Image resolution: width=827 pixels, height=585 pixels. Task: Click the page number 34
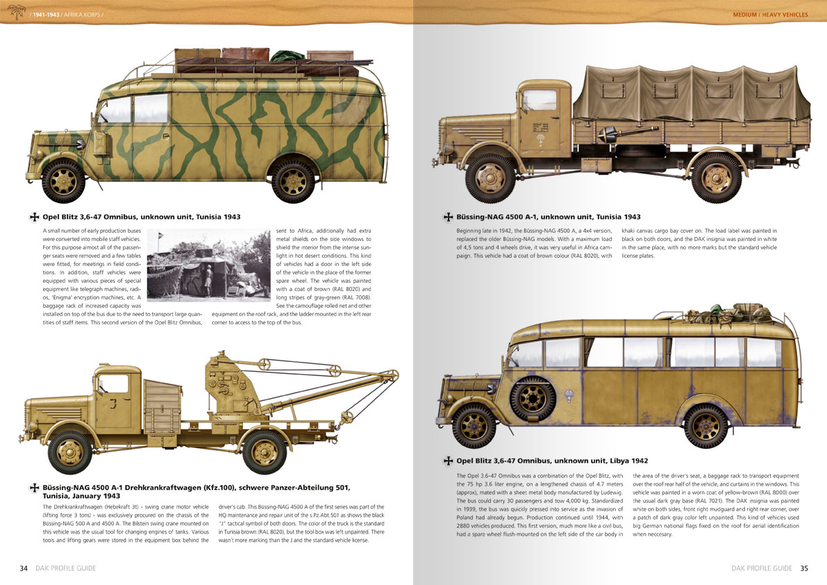click(x=24, y=568)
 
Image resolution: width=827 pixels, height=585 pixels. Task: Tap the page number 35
click(x=804, y=568)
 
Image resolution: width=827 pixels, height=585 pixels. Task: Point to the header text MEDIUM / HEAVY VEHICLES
click(x=771, y=15)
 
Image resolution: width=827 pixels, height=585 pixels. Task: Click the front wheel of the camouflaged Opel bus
click(x=63, y=179)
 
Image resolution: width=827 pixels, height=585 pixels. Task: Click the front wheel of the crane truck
click(x=70, y=452)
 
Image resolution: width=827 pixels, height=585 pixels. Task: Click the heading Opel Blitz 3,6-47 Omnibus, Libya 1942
click(x=552, y=461)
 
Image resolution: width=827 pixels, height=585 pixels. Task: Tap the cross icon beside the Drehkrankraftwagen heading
click(x=33, y=488)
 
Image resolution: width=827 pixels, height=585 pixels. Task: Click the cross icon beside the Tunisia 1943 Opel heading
click(x=33, y=217)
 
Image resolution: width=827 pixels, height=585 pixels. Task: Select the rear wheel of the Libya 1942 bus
click(x=705, y=425)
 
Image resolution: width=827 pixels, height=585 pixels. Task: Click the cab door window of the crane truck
click(x=113, y=384)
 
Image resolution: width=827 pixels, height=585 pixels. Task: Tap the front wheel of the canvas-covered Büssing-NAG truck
click(x=490, y=178)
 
